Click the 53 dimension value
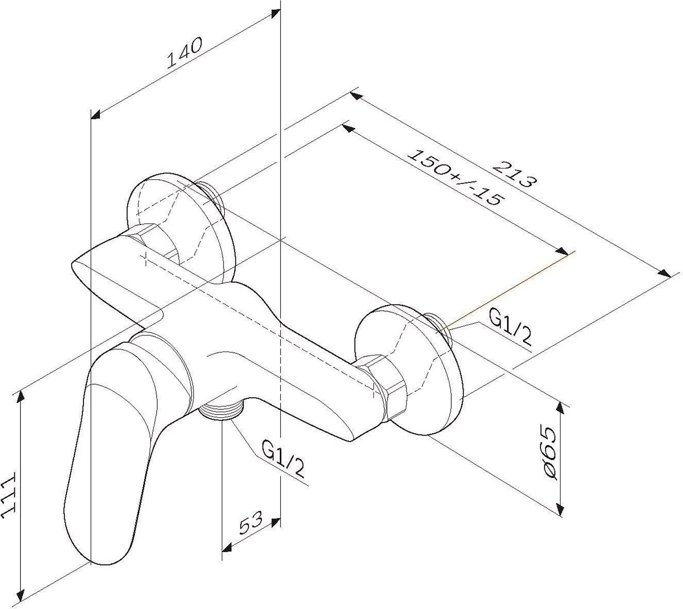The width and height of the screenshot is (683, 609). [251, 523]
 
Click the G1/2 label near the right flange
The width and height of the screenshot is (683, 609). [510, 329]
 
